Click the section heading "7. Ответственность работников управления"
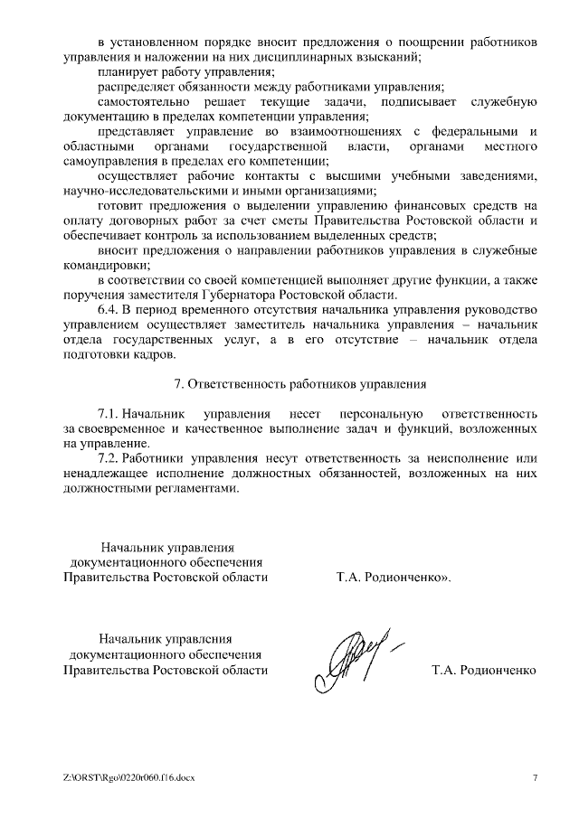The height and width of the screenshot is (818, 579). tap(299, 383)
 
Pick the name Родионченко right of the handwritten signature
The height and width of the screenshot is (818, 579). tap(498, 671)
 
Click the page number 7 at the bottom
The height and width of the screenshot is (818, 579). tap(535, 777)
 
